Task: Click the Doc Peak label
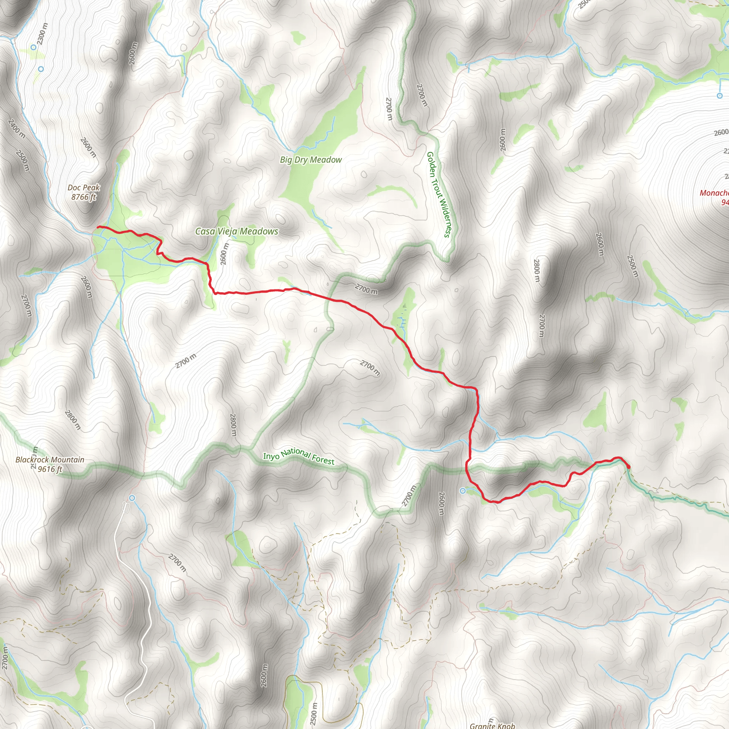(83, 188)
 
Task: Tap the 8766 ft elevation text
(83, 197)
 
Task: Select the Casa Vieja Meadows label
(237, 231)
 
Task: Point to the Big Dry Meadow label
(310, 160)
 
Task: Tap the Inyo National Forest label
(298, 456)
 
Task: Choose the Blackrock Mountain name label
(50, 460)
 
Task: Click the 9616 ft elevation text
(50, 469)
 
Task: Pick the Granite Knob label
(492, 725)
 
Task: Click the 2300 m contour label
(43, 33)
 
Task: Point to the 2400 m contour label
(17, 129)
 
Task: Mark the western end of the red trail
(98, 227)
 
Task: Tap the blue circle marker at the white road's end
(132, 498)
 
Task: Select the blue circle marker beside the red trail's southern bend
(463, 491)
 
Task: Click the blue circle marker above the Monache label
(719, 96)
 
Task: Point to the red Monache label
(714, 193)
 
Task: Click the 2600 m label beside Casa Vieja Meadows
(224, 253)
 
